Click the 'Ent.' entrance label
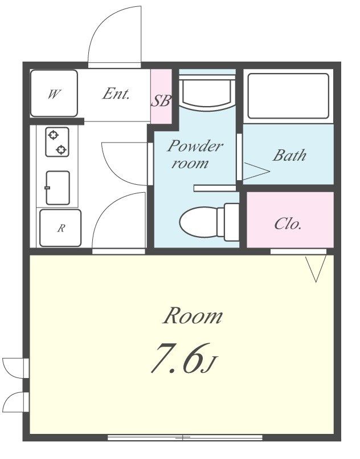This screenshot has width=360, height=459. pos(116,94)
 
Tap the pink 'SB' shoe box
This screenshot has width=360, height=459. pos(161,96)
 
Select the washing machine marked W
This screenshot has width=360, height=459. pos(54,93)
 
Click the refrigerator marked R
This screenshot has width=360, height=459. pos(60,228)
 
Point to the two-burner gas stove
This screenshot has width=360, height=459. pos(57,142)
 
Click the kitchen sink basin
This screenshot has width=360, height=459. pos(58,188)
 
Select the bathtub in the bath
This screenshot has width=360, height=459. pos(288,96)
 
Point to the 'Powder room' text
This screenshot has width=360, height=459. pos(195,155)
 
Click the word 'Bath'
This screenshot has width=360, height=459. pos(289,155)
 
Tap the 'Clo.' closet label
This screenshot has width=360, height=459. pos(288,224)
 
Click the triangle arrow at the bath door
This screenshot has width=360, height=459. pos(256,171)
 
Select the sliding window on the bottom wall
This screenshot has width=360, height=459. pos(185,438)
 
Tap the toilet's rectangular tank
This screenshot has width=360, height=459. pos(232,222)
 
